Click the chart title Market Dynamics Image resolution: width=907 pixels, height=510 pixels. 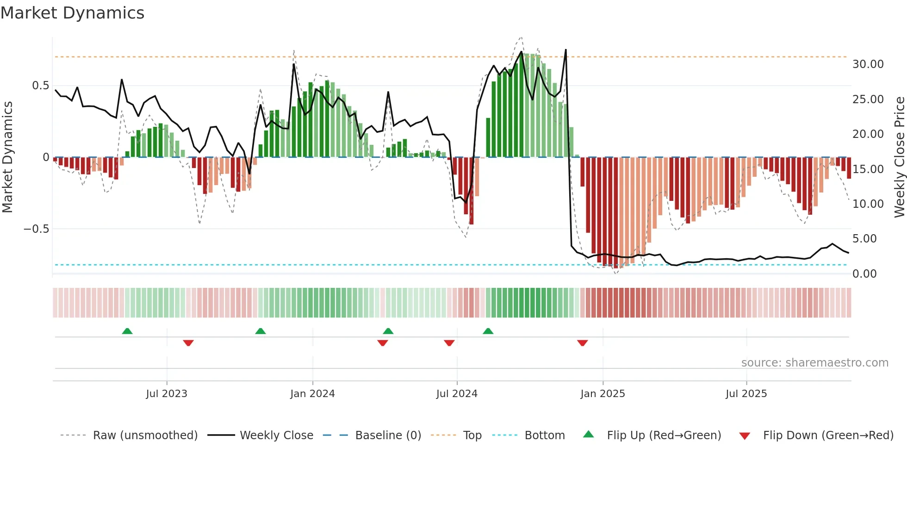point(73,13)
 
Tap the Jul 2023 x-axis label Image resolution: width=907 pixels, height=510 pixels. point(167,394)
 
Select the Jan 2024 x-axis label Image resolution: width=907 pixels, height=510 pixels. point(312,394)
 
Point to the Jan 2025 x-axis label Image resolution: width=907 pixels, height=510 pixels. point(603,394)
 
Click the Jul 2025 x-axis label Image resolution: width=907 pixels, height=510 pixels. point(746,394)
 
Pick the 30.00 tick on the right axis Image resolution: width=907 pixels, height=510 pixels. point(868,64)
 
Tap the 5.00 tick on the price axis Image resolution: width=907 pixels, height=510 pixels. point(868,239)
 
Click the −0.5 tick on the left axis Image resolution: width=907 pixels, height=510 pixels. point(36,229)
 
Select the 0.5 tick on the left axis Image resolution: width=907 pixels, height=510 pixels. point(40,86)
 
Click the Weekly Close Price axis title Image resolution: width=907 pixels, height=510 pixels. point(899,157)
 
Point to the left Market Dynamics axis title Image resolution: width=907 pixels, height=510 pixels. point(7,157)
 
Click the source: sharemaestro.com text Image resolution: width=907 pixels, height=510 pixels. point(814,363)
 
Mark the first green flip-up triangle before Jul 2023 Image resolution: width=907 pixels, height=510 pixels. point(127,331)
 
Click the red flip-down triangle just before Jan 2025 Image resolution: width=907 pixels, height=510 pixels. point(583,343)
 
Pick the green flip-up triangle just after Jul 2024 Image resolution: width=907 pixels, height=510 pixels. point(488,331)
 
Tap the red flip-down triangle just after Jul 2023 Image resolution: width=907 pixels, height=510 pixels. point(188,343)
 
